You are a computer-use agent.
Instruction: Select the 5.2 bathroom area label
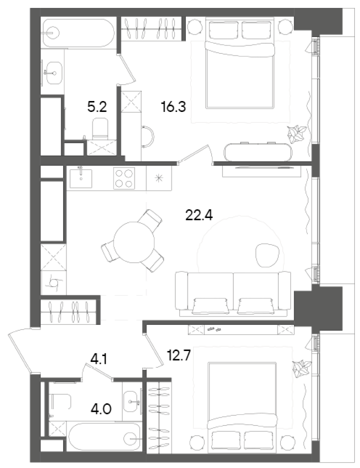coord(97,108)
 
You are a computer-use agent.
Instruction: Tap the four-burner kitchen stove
coord(124,178)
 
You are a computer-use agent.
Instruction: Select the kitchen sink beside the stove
coord(81,178)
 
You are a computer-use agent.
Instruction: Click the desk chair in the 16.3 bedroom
coord(148,136)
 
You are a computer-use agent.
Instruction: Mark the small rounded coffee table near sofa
coord(268,253)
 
